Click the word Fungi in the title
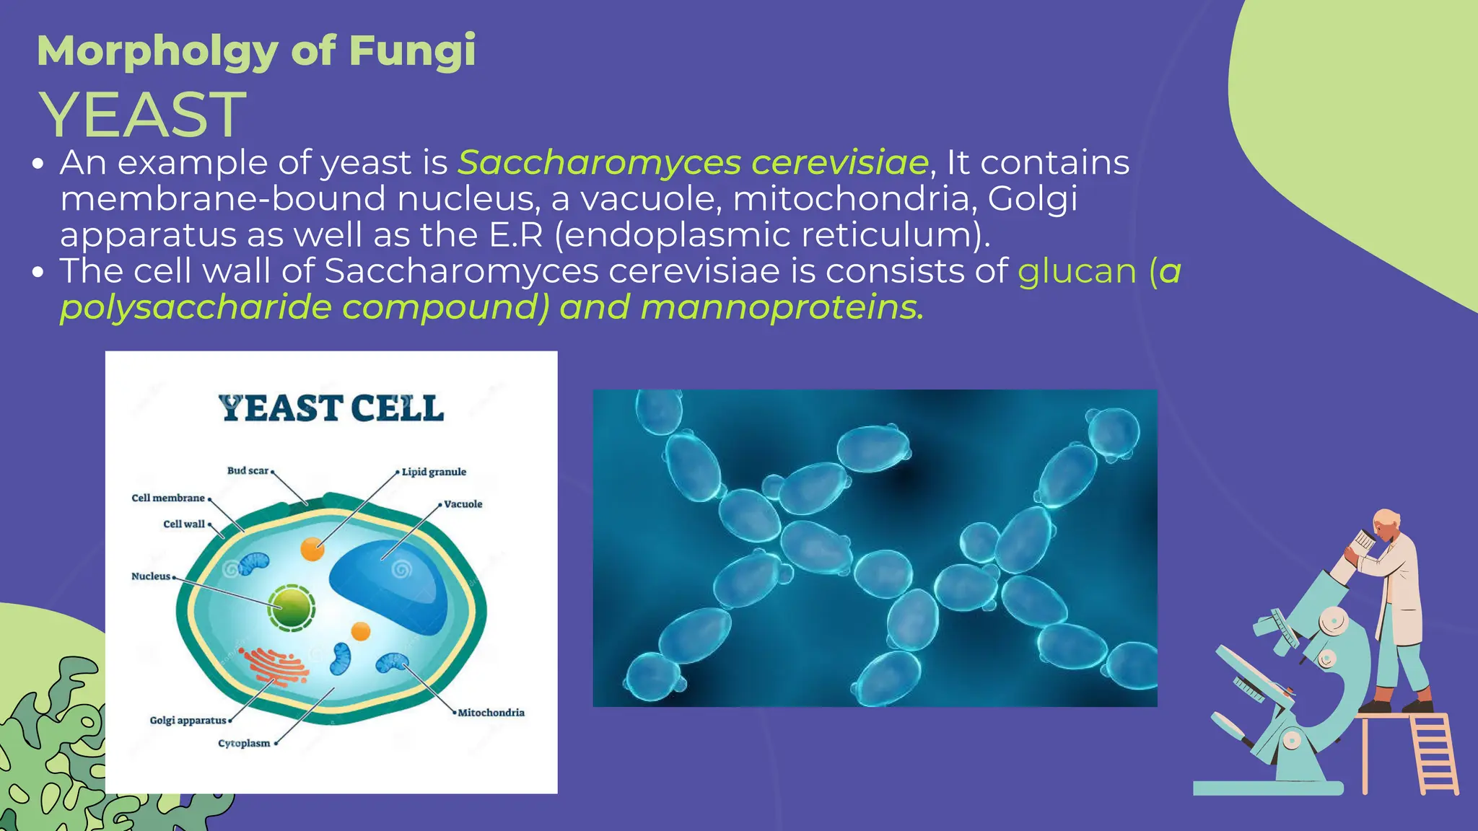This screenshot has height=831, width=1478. click(x=412, y=51)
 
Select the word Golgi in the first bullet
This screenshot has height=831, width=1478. click(x=1032, y=198)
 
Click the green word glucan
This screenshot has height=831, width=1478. click(x=1077, y=271)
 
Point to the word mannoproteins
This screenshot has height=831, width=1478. click(x=781, y=307)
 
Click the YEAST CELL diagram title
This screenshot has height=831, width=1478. click(x=331, y=408)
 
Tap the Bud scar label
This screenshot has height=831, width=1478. click(x=248, y=470)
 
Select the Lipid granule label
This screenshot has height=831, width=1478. click(x=434, y=472)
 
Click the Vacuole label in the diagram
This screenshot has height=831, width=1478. click(x=463, y=504)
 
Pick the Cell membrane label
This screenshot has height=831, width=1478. click(x=168, y=498)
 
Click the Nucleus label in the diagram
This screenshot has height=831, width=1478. click(x=151, y=576)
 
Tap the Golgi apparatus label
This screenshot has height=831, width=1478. click(x=188, y=720)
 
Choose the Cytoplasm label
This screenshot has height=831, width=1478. click(x=244, y=743)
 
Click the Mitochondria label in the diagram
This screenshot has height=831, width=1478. click(x=491, y=713)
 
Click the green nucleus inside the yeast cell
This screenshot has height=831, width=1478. click(x=292, y=608)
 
